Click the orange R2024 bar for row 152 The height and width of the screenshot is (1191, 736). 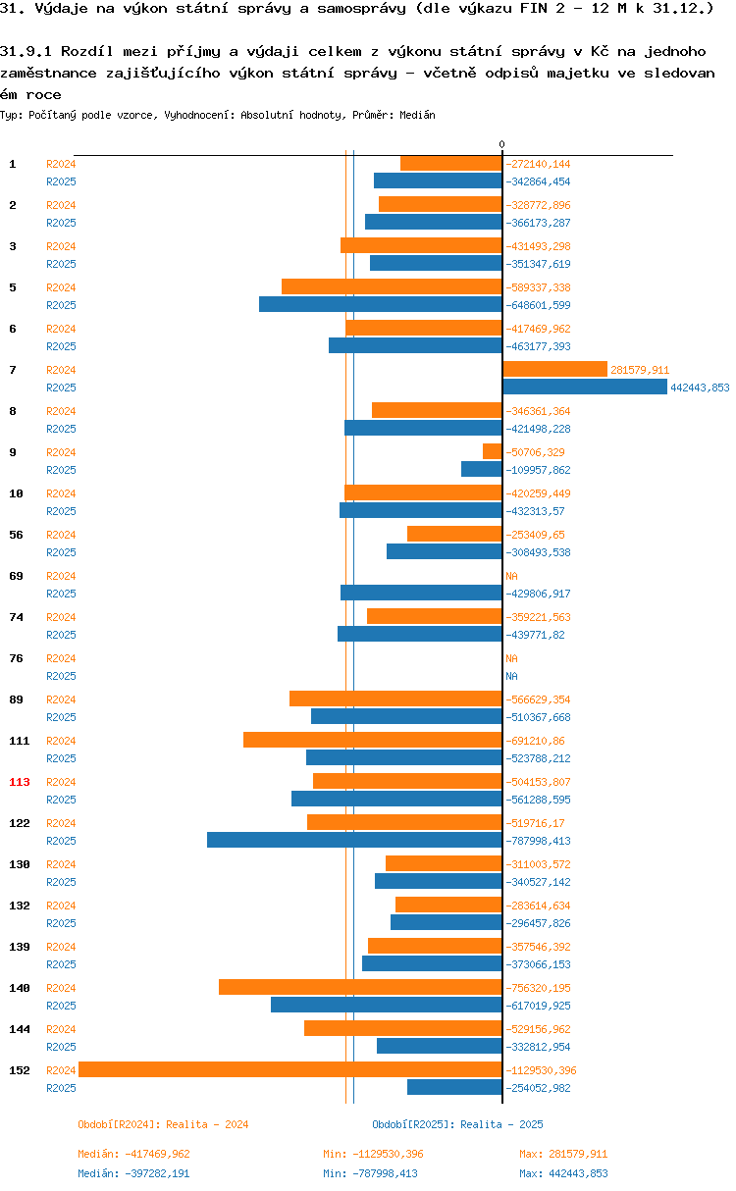coord(290,1069)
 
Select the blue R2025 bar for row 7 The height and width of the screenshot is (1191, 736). coord(585,387)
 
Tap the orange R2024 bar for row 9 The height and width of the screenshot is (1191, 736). coord(493,451)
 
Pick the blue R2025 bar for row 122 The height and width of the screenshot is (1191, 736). coord(354,840)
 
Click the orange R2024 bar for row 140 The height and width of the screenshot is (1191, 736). coord(360,987)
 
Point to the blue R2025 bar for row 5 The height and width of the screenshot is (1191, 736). coord(381,304)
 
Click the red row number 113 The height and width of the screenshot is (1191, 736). coord(20,782)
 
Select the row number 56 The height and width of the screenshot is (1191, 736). coord(16,535)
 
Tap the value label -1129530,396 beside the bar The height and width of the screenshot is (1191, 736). coord(541,1070)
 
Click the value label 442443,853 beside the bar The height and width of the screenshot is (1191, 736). coord(700,388)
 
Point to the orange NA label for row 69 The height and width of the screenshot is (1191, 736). coord(511,576)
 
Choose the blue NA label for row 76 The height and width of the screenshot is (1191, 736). coord(511,676)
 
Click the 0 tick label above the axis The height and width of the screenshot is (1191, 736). coord(501,144)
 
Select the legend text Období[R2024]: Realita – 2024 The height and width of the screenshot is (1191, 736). coord(163,1124)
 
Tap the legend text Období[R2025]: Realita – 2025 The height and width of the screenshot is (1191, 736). coord(457,1124)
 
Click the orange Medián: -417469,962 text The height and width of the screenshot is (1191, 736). coord(133,1154)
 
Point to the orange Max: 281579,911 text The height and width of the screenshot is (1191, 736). coord(563,1154)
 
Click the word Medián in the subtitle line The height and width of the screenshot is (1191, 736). coord(417,115)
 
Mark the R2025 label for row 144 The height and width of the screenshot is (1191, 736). coord(61,1047)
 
